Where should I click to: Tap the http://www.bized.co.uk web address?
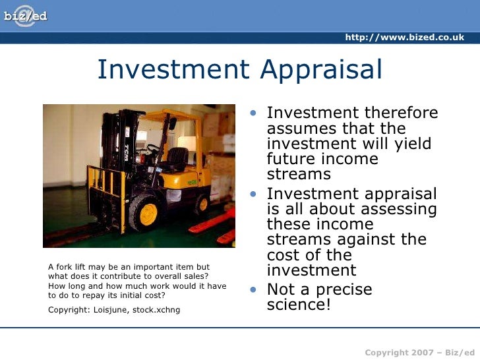coord(404,38)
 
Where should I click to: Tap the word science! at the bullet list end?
coord(299,305)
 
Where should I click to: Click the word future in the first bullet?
coord(290,160)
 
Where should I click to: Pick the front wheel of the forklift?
coord(146,212)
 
